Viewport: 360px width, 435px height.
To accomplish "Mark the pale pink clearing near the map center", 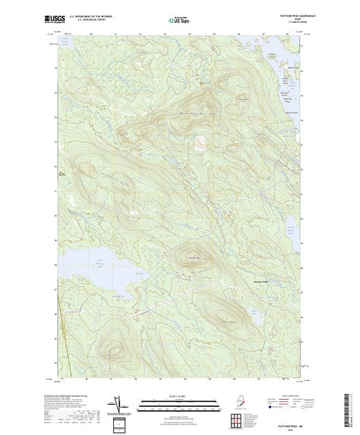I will (200, 144).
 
